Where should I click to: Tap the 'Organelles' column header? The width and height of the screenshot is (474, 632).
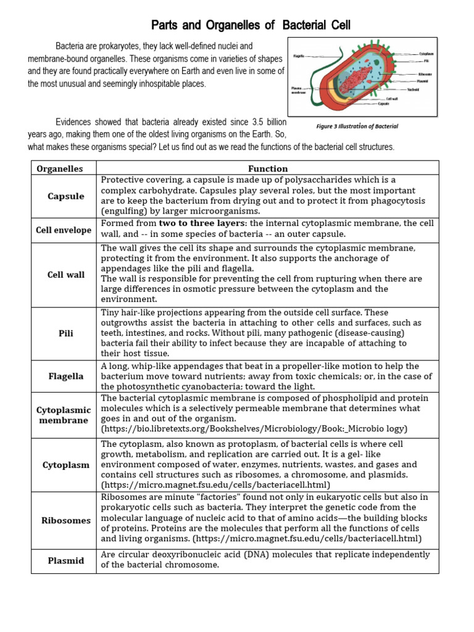[x=60, y=168]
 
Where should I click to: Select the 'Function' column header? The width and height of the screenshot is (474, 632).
[x=268, y=168]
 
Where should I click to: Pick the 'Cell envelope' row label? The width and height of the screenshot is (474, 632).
[x=64, y=230]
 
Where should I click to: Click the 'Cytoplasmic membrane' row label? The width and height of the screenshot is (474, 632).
[x=64, y=415]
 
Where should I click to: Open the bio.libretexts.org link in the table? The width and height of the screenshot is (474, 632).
[x=253, y=428]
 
